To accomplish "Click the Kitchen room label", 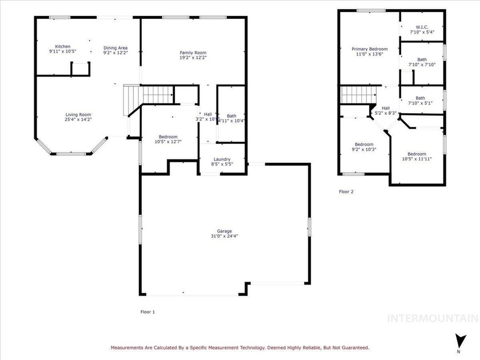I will point(62,46).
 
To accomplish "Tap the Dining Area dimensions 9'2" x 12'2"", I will point(115,53).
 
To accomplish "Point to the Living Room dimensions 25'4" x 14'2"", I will point(78,119).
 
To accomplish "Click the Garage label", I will point(223,230).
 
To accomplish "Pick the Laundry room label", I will point(222,159).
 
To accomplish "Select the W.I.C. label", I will point(422,27).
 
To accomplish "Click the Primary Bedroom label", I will point(369,49).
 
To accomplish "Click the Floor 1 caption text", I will point(147,312).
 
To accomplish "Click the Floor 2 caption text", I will point(346,192).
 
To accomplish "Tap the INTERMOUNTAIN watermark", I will point(433,318).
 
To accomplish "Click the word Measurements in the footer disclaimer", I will point(130,347).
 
